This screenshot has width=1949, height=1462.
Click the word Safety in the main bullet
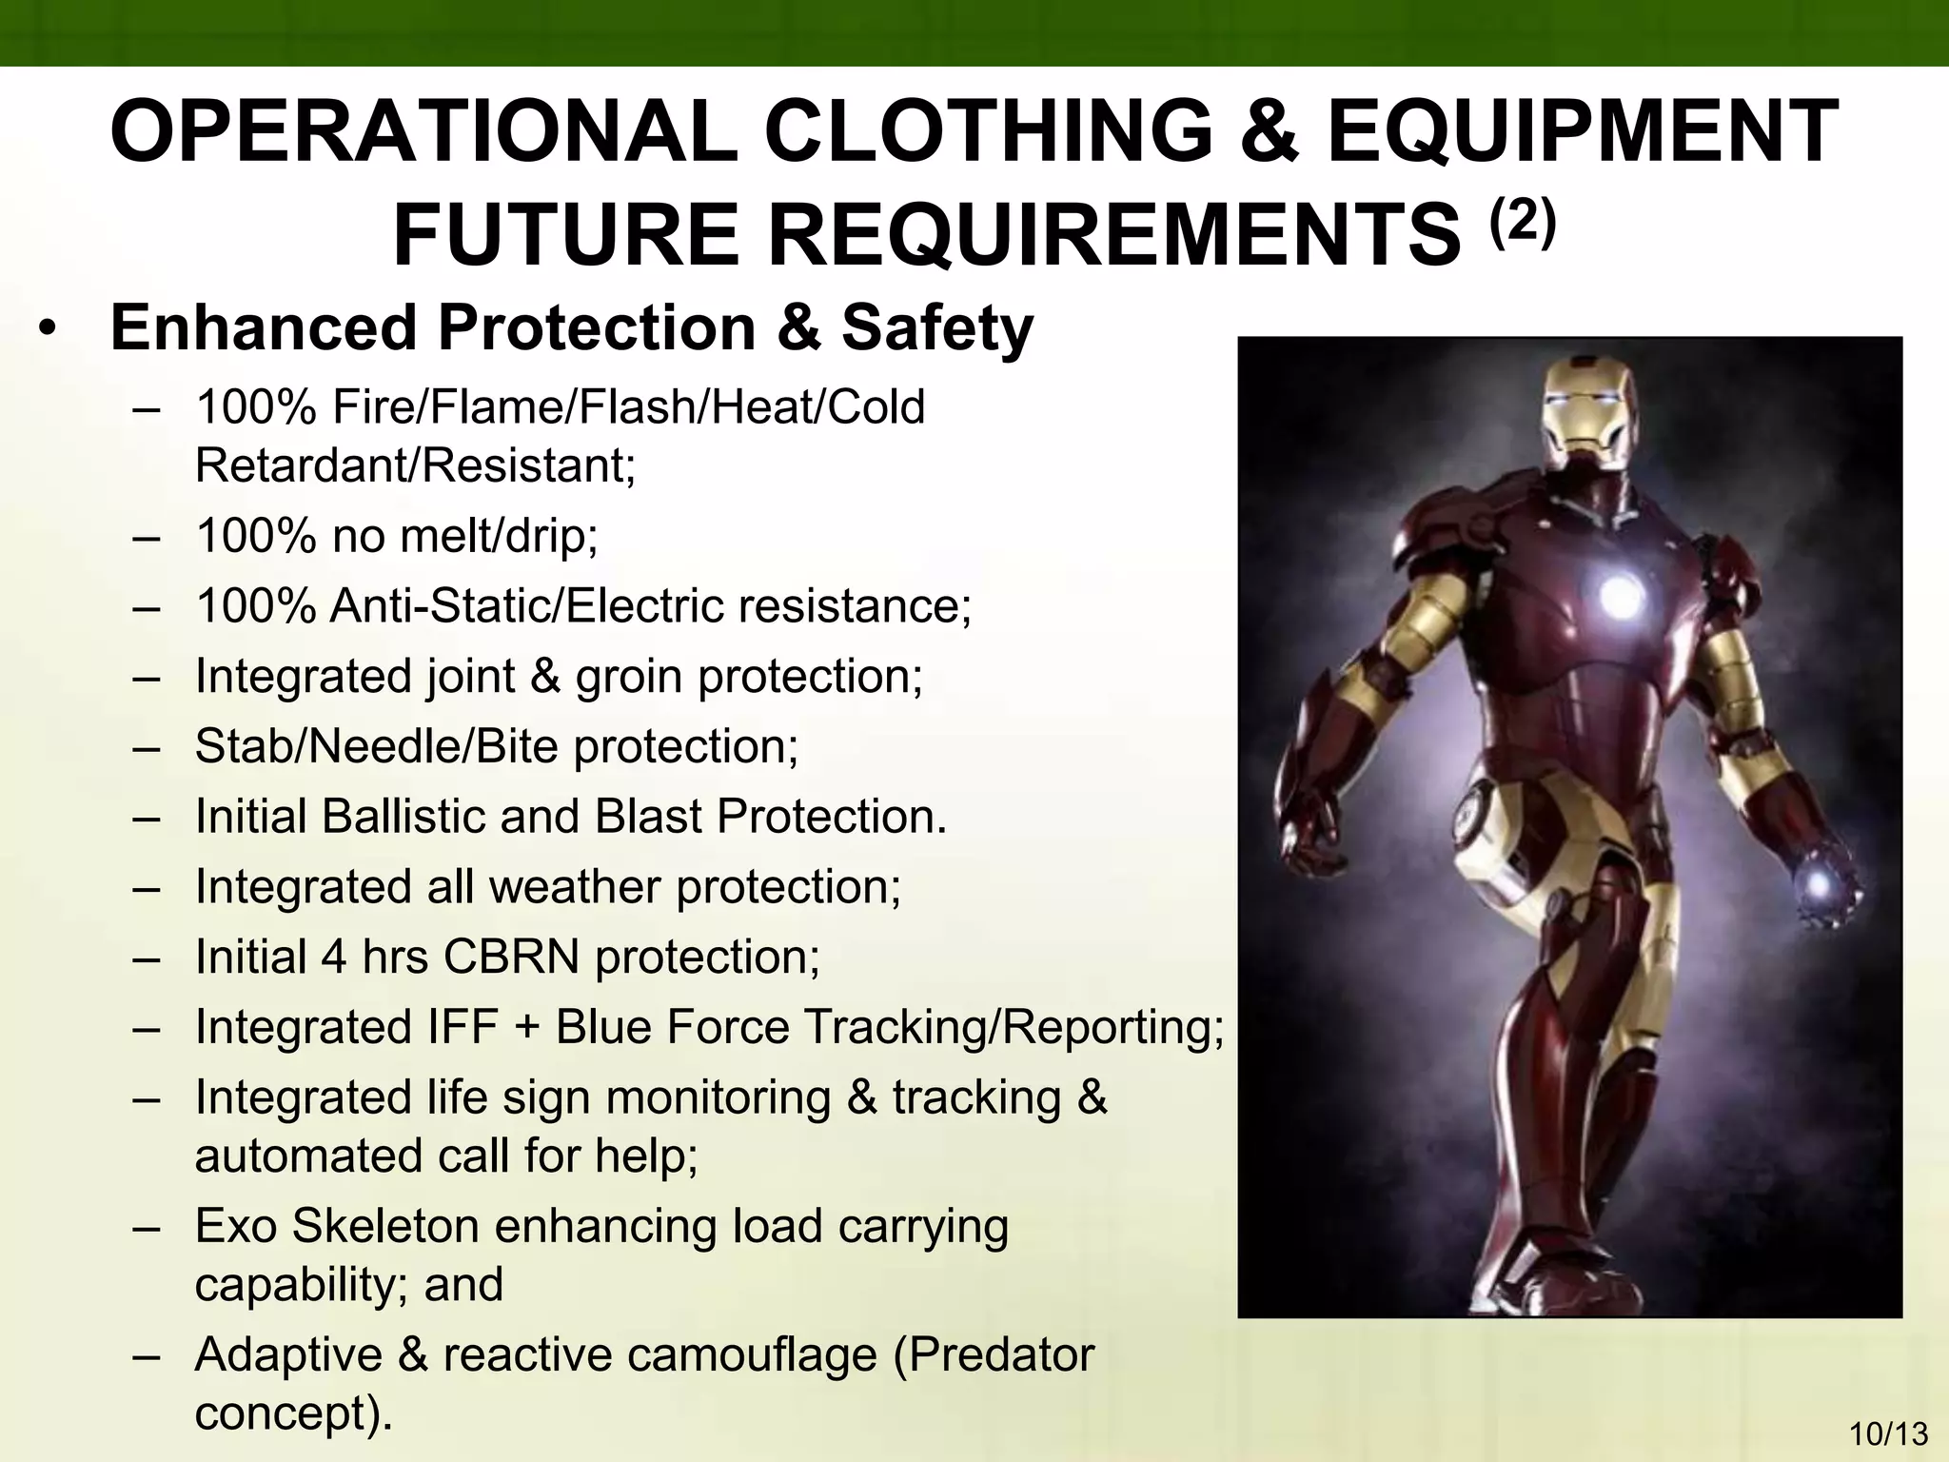tap(936, 327)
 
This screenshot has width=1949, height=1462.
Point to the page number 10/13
tap(1888, 1433)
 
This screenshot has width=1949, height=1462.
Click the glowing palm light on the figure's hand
tap(1819, 886)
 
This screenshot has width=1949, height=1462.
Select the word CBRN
tap(511, 957)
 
